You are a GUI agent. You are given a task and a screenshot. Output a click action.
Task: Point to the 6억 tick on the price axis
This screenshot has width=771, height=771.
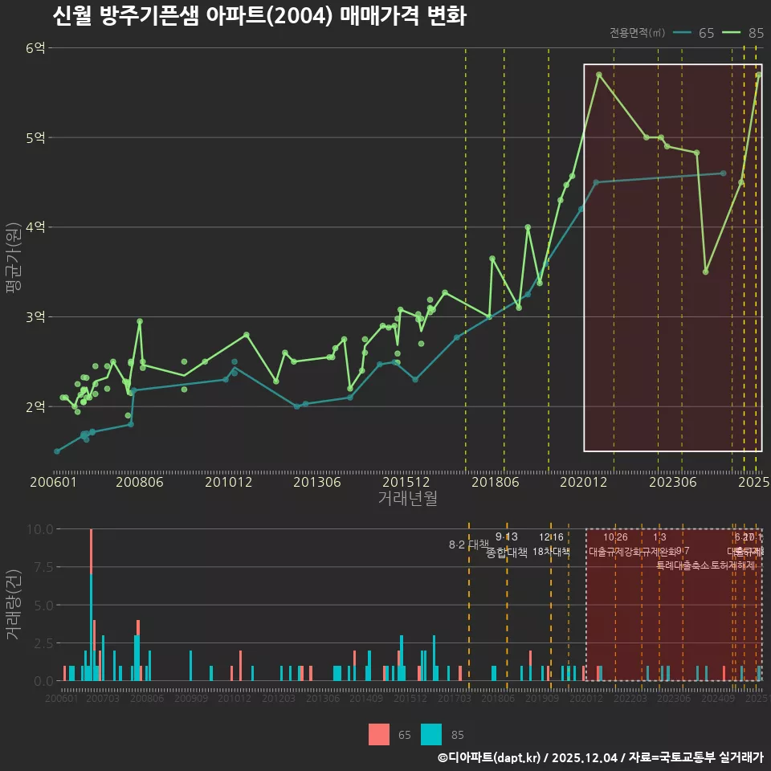coord(35,48)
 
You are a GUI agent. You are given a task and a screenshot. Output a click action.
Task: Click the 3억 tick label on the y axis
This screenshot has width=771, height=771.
coord(35,316)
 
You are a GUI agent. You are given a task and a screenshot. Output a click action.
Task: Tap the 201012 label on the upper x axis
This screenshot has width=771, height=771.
coord(228,483)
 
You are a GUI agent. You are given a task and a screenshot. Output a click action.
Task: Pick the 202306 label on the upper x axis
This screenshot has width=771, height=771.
coord(671,483)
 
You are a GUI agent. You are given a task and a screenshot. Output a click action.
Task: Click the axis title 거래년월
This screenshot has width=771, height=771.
coord(407,499)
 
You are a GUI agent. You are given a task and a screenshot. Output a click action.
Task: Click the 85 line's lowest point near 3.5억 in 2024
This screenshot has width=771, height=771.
coord(705,271)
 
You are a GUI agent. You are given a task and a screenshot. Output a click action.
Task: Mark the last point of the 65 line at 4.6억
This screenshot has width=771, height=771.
coord(723,173)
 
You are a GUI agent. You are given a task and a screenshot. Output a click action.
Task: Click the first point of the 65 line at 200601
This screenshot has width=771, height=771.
coord(56,451)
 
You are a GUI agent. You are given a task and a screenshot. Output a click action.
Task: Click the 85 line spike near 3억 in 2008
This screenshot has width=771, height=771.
coord(139,321)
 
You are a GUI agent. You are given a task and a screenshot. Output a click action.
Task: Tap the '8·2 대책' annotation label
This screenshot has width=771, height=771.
coord(468,545)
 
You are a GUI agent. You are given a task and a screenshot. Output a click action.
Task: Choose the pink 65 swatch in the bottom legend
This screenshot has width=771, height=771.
coord(378,734)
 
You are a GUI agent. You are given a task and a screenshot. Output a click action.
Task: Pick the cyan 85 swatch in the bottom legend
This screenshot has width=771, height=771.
coord(431,734)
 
